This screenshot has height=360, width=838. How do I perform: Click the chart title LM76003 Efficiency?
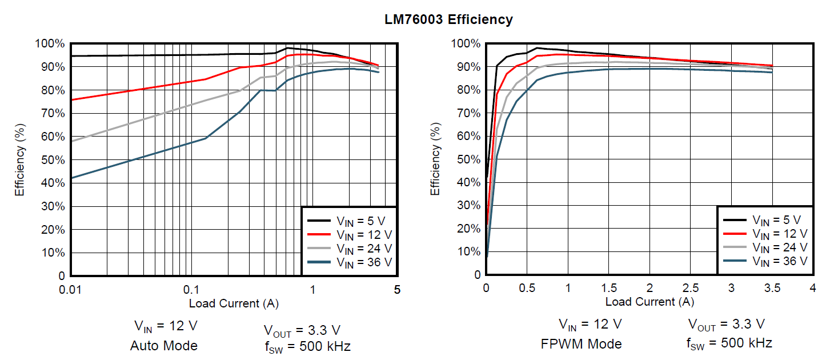(448, 20)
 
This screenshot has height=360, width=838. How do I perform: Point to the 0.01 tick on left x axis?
(70, 289)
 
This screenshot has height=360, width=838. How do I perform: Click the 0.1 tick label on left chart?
(190, 289)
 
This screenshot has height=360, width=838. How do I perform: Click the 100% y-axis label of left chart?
(50, 44)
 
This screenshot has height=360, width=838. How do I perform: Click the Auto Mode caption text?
(164, 346)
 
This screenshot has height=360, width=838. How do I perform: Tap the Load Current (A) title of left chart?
(234, 303)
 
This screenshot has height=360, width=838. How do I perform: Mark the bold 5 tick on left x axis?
(397, 289)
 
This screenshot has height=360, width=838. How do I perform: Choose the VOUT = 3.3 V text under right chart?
(726, 325)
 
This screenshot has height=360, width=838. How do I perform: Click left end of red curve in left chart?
(71, 99)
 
